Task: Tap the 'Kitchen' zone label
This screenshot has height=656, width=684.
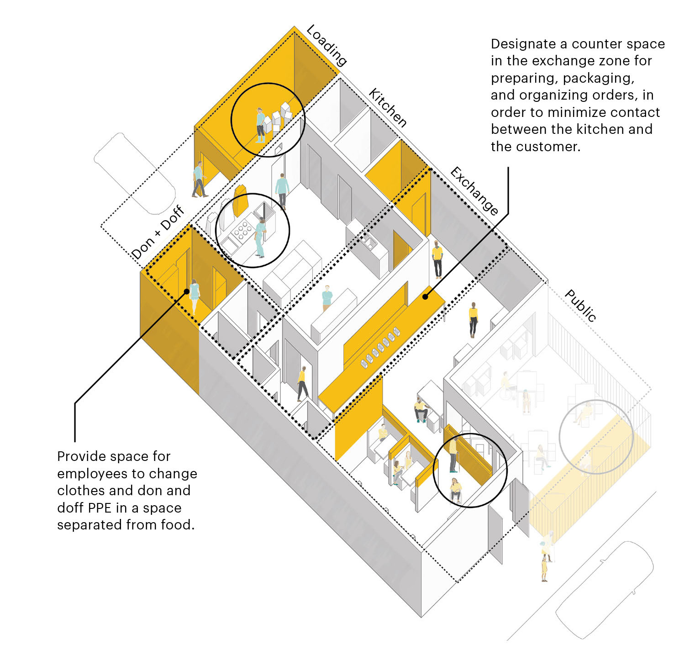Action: pos(388,108)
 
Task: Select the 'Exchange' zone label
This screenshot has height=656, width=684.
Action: pos(474,191)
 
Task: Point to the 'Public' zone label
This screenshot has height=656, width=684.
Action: pos(580,306)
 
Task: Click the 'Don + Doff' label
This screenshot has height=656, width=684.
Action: pos(158,233)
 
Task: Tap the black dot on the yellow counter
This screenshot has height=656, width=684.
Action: pos(425,296)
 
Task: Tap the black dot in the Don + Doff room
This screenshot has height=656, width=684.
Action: pos(186,291)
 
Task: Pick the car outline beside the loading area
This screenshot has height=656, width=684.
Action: pos(134,173)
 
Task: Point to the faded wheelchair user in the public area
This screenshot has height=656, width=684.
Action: pos(507,386)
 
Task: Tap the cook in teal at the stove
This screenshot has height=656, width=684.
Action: pos(260,238)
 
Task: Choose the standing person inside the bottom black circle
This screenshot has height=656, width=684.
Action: pos(453,455)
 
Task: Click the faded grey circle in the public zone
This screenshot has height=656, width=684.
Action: pos(596,437)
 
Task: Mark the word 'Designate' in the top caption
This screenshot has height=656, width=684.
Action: pos(523,44)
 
